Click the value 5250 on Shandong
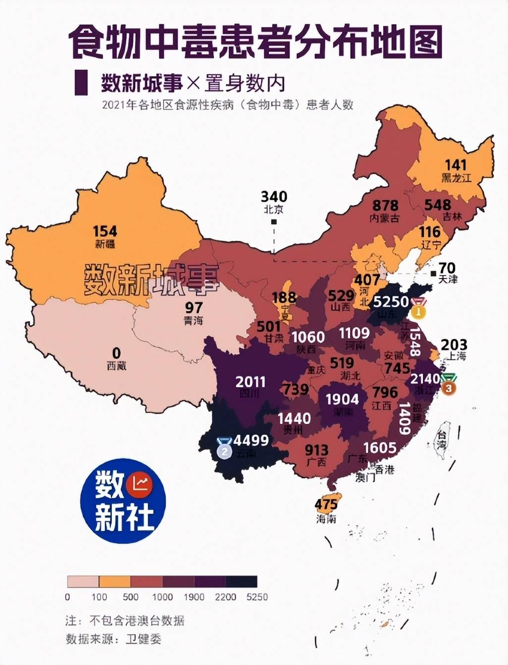(x=391, y=301)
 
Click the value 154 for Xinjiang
(x=105, y=231)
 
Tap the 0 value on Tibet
(x=116, y=353)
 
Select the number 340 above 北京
(x=274, y=196)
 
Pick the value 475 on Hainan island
(x=326, y=504)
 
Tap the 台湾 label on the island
(x=440, y=440)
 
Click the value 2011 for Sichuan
(x=250, y=382)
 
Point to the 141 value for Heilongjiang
(x=456, y=165)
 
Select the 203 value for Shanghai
(x=454, y=344)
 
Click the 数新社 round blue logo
(x=123, y=501)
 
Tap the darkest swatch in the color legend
(x=242, y=581)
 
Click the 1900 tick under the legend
(x=194, y=597)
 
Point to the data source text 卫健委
(x=143, y=639)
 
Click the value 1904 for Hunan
(x=342, y=399)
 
